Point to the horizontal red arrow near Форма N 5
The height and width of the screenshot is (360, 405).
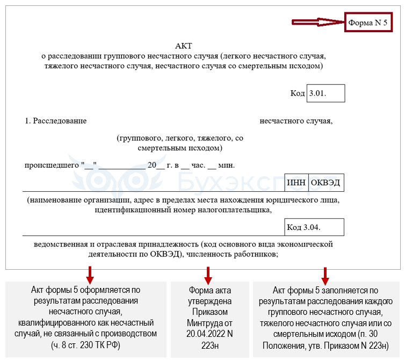(x=318, y=22)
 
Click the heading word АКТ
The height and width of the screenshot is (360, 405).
(x=184, y=46)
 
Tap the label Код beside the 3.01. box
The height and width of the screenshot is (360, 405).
(x=298, y=93)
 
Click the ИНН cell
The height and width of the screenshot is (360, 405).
(x=296, y=183)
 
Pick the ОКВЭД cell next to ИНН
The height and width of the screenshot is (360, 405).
(x=326, y=183)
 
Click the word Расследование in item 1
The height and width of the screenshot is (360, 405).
(x=60, y=121)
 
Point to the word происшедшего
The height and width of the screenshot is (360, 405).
(x=52, y=165)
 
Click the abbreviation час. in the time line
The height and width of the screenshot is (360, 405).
(x=198, y=165)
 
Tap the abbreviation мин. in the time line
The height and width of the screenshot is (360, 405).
(x=227, y=165)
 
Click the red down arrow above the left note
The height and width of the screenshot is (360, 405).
(x=90, y=275)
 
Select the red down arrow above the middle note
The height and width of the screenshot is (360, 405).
(x=208, y=276)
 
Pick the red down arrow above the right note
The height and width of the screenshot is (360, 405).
(x=325, y=276)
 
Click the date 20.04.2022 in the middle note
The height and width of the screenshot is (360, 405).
(x=206, y=334)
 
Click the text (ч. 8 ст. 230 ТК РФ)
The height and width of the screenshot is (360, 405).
(x=85, y=345)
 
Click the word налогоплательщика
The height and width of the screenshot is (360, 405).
(x=235, y=210)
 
